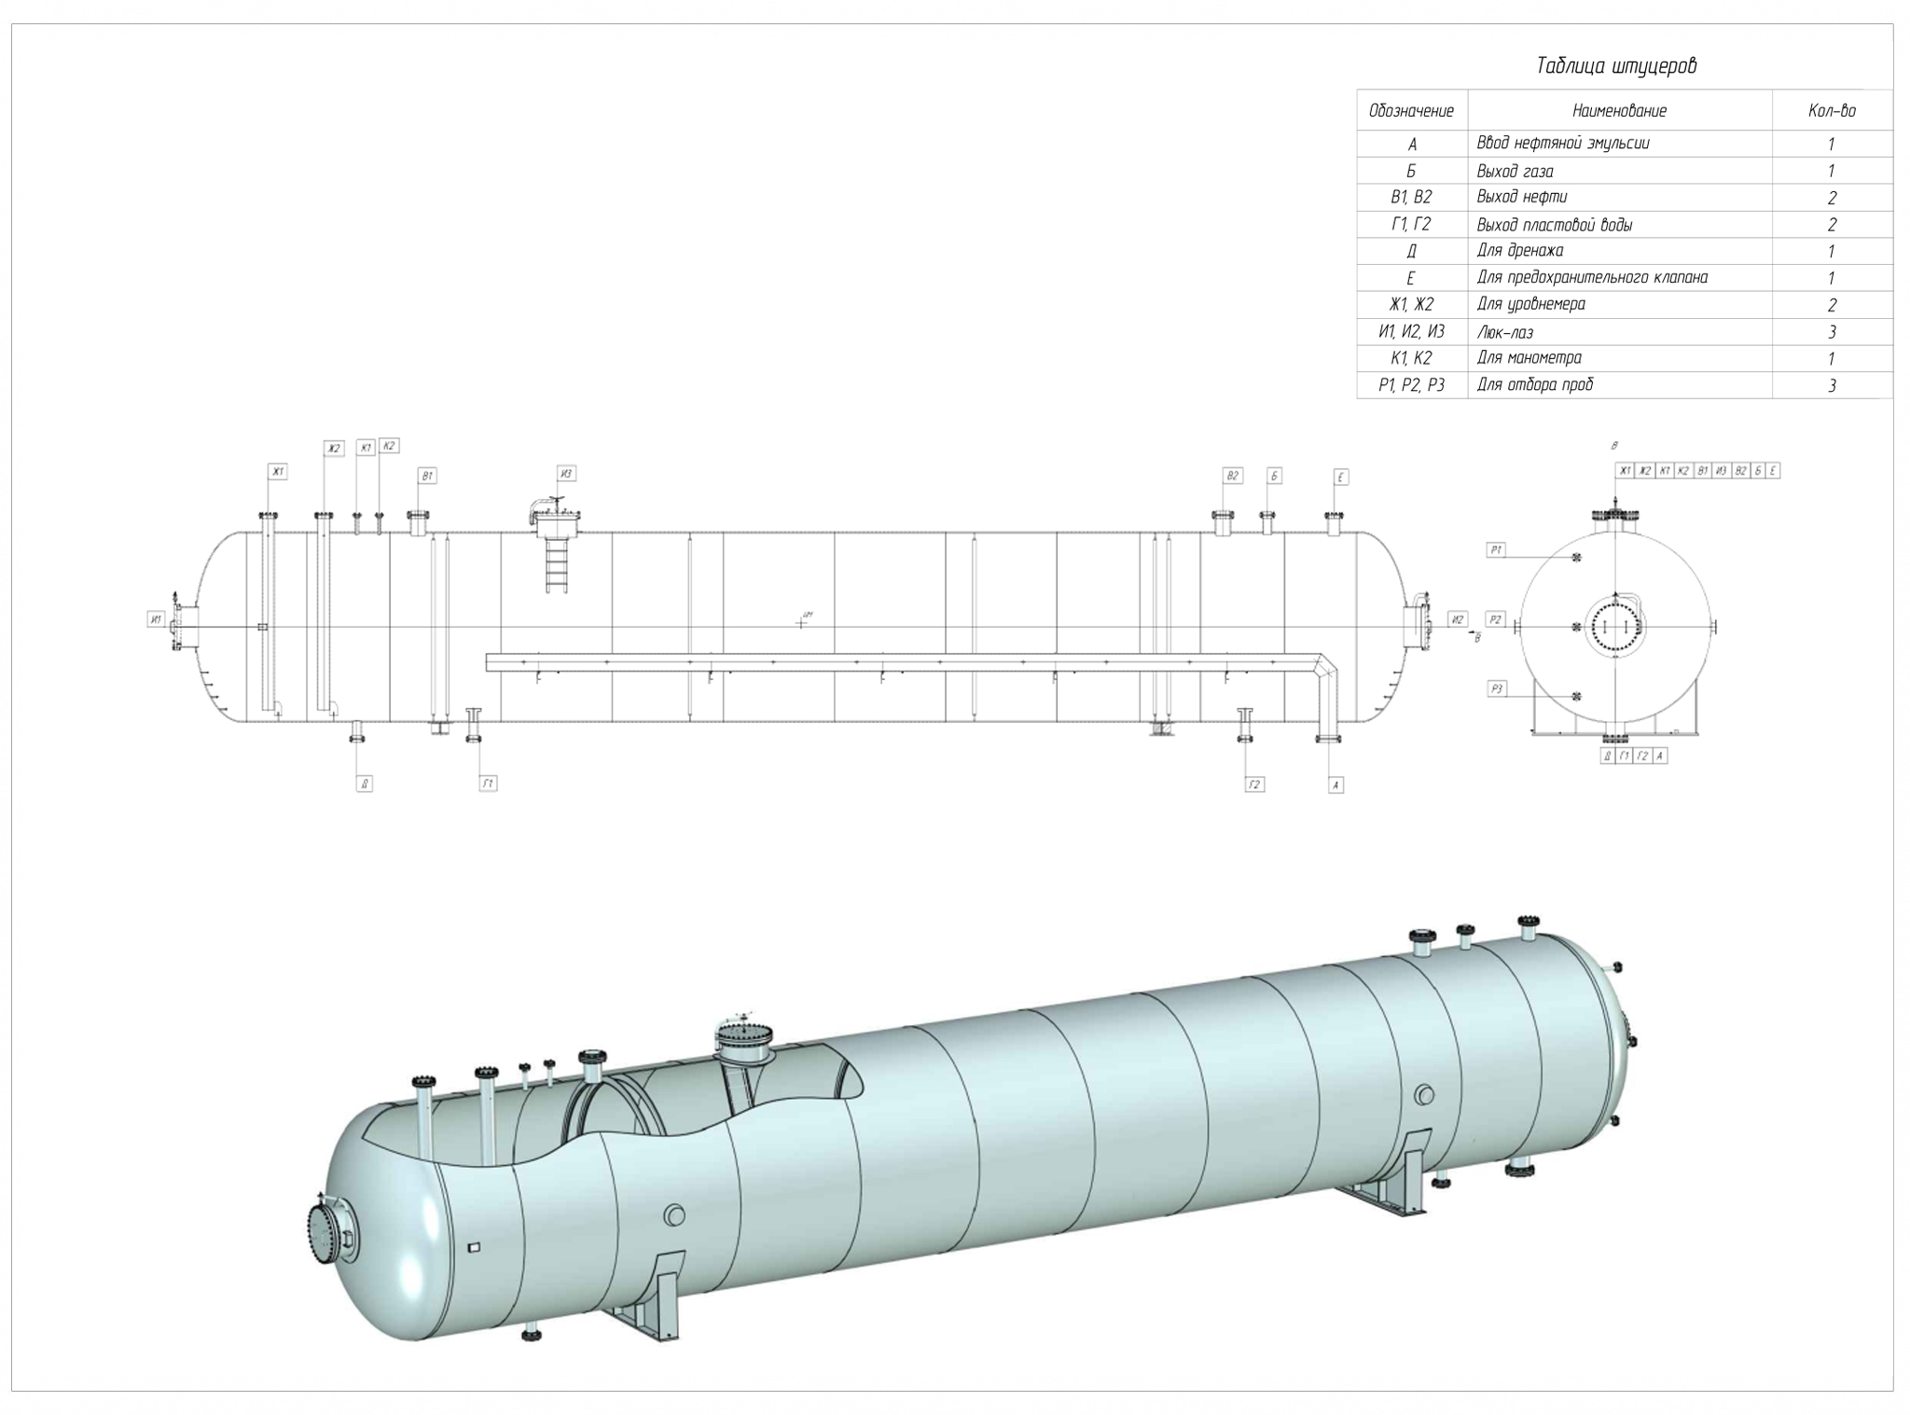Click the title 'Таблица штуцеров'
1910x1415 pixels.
tap(1616, 66)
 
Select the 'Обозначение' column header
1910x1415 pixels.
tap(1411, 111)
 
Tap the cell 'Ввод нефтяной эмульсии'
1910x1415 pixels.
tap(1563, 144)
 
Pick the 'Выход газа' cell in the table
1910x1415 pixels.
tap(1515, 171)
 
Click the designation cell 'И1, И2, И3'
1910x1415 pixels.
tap(1411, 332)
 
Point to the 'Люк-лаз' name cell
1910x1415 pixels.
tap(1505, 332)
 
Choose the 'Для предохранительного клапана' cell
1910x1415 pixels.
tap(1592, 278)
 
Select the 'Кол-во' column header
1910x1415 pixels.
tap(1832, 111)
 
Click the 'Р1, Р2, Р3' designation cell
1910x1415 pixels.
tap(1411, 385)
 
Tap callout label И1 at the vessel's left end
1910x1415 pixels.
tap(156, 619)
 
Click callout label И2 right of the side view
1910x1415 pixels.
tap(1459, 619)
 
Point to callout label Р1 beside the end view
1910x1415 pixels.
tap(1497, 550)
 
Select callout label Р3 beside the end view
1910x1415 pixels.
tap(1497, 689)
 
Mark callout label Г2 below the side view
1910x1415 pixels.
tap(1254, 784)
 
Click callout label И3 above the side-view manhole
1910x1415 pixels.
tap(566, 474)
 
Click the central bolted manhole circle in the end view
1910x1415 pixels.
tap(1614, 626)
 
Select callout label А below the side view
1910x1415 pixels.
tap(1336, 785)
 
